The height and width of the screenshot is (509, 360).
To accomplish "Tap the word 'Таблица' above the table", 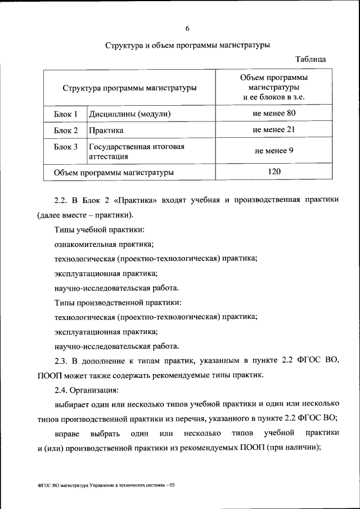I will [310, 59].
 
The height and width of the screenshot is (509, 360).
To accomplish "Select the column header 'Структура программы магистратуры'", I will [130, 88].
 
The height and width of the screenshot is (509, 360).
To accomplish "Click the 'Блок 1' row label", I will [66, 114].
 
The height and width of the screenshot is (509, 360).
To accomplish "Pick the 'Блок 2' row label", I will [66, 130].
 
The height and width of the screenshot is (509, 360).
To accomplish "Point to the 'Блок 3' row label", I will [66, 147].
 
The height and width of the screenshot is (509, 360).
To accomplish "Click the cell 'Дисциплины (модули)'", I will [129, 114].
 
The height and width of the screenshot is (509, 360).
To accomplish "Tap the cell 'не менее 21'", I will [274, 130].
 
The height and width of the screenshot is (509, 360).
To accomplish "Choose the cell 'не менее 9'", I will [274, 151].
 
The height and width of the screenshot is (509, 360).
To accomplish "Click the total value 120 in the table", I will [274, 172].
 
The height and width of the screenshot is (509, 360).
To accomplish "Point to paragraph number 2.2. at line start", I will [61, 200].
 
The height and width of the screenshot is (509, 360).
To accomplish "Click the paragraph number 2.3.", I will [61, 359].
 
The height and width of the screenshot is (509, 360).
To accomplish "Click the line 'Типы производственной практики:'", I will [115, 302].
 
